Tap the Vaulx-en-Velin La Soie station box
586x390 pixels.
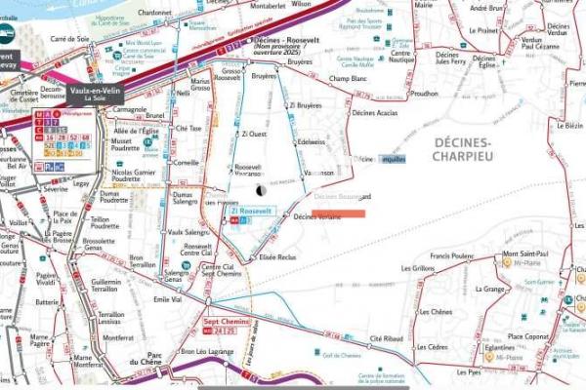[94, 94]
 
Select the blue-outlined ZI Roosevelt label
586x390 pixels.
[252, 211]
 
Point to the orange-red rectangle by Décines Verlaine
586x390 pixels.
[339, 214]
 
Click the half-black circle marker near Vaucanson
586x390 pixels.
[260, 190]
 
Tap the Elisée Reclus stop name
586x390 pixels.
[277, 256]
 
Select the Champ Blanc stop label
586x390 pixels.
[348, 78]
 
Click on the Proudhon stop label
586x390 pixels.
[426, 94]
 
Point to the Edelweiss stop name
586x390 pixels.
[312, 141]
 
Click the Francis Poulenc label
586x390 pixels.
[451, 256]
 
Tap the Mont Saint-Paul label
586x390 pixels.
[523, 255]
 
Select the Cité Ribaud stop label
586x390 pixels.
[386, 338]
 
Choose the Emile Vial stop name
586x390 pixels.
[168, 300]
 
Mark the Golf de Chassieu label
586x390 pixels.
[343, 356]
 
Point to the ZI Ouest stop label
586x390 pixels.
[254, 135]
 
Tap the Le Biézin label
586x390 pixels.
[571, 126]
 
